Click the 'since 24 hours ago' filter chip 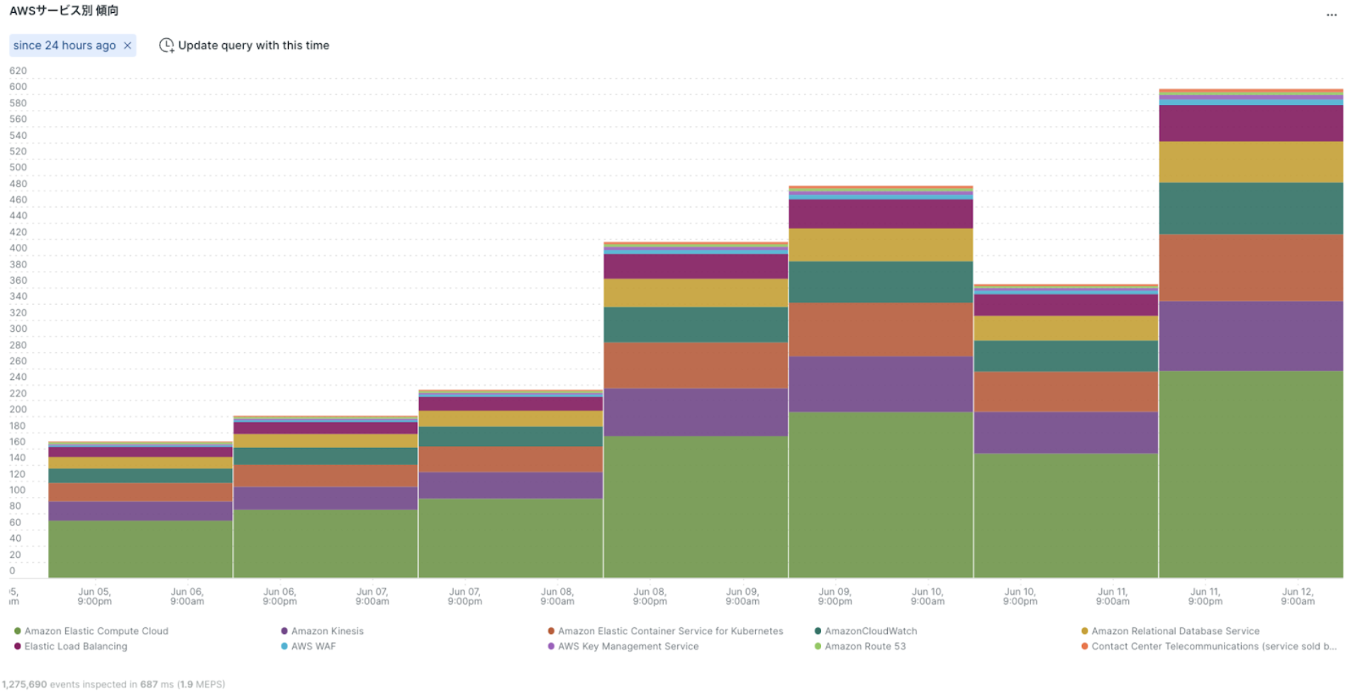point(64,45)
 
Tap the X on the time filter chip point(128,45)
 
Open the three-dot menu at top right point(1331,14)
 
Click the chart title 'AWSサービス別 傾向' point(64,11)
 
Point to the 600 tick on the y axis point(18,86)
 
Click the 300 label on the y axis point(18,328)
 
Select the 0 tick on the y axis point(12,571)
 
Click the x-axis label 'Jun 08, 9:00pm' point(650,596)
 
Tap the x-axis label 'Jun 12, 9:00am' point(1297,596)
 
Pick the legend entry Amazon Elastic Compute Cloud point(96,631)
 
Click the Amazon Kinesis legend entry point(327,631)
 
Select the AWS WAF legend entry point(313,647)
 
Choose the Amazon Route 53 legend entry point(864,647)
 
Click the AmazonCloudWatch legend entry point(870,631)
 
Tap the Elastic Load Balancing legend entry point(75,647)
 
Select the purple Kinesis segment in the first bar point(140,511)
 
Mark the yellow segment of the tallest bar point(1250,162)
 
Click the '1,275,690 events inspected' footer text point(113,684)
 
